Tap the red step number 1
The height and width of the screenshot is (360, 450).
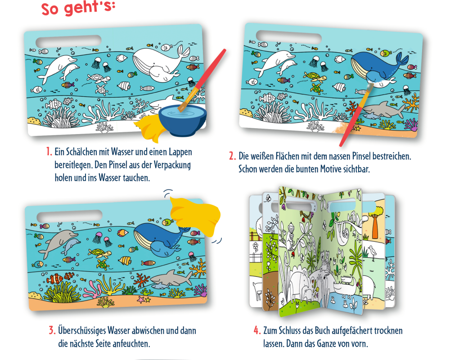tap(49, 152)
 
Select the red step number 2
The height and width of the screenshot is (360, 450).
tap(232, 156)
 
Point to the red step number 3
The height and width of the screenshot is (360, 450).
tap(52, 330)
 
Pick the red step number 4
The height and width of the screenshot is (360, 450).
tap(257, 330)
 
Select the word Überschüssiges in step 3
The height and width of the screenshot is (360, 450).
tap(82, 331)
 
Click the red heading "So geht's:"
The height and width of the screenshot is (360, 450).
tap(78, 8)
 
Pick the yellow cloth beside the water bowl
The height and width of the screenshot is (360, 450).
tap(149, 129)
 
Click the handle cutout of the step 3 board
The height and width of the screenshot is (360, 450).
tap(69, 216)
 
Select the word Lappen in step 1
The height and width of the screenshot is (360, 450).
tap(180, 152)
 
